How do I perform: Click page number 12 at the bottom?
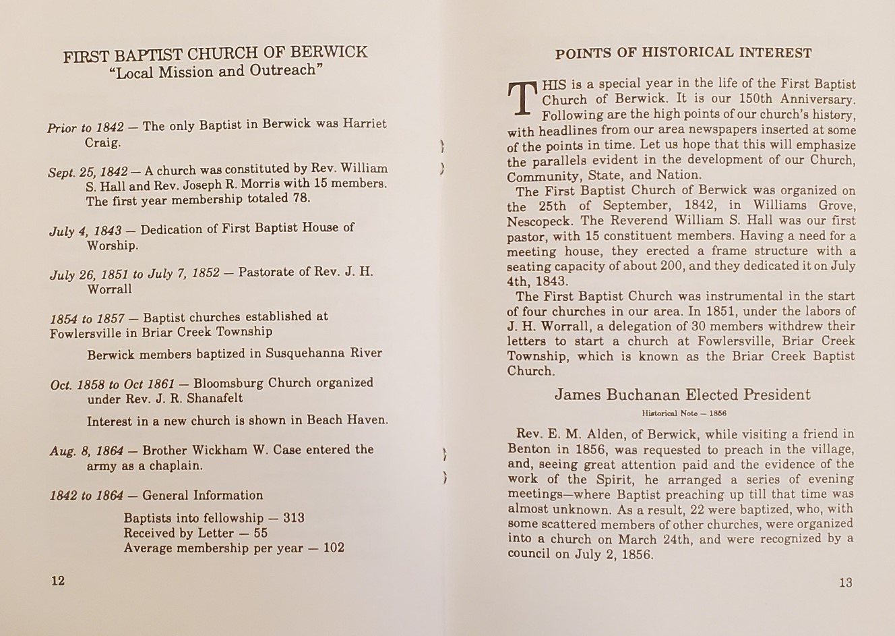click(58, 581)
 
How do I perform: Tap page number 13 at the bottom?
click(846, 583)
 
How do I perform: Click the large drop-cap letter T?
click(522, 99)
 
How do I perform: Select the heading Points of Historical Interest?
click(683, 53)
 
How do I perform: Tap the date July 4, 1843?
click(86, 231)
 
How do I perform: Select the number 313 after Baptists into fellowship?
click(294, 518)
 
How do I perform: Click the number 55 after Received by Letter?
click(261, 533)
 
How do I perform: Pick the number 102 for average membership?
click(334, 548)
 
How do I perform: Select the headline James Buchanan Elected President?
click(682, 395)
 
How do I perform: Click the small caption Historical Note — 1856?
click(683, 413)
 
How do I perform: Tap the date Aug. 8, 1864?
click(86, 451)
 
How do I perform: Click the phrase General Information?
click(202, 496)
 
